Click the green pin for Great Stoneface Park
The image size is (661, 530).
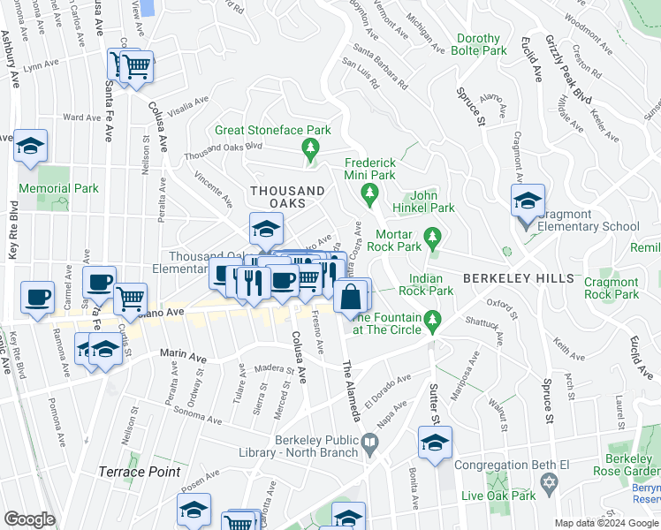pos(309,147)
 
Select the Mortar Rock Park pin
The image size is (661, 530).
pos(431,236)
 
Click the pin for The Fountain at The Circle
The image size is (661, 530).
pos(431,320)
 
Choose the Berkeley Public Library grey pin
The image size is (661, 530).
pos(368,441)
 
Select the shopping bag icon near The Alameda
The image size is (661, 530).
pos(352,298)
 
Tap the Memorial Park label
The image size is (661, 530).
pos(60,188)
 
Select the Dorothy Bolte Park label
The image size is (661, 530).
pos(482,45)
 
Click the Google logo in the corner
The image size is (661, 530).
pos(29,519)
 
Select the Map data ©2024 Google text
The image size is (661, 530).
pos(605,523)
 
